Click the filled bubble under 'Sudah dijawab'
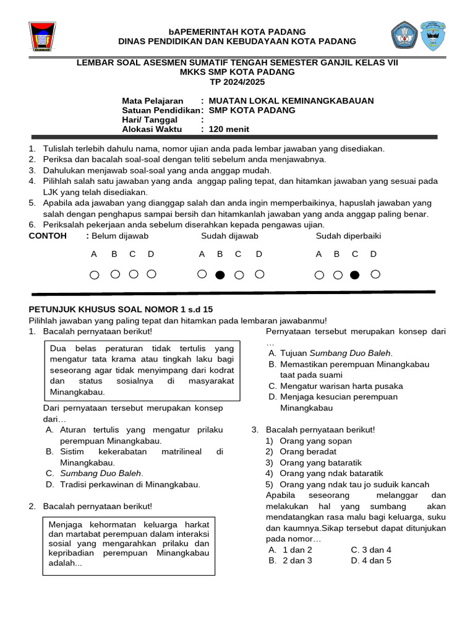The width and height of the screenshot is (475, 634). click(220, 275)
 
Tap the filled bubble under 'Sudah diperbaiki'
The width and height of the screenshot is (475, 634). click(354, 275)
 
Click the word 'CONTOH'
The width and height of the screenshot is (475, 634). click(48, 236)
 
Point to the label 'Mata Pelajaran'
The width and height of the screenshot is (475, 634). click(153, 101)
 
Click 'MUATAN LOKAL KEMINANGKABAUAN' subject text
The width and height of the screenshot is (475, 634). click(291, 101)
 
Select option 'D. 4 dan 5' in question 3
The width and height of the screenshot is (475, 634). click(371, 560)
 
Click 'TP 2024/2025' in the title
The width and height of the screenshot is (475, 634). click(237, 82)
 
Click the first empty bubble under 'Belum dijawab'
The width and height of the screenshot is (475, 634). click(94, 275)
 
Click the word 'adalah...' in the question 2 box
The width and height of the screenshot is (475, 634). click(66, 563)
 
